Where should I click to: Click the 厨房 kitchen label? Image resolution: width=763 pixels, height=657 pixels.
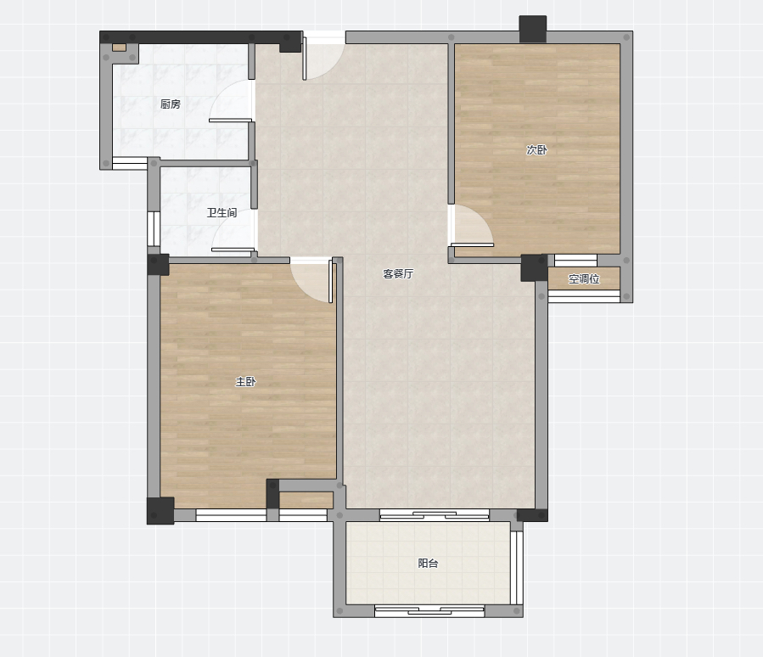[x=171, y=104]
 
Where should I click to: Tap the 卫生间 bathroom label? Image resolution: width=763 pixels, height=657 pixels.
[x=222, y=213]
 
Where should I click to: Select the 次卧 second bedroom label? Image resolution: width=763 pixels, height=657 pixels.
[x=536, y=150]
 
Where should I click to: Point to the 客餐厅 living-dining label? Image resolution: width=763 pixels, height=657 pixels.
[x=398, y=273]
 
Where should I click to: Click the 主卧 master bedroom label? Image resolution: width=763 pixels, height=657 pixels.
[x=246, y=382]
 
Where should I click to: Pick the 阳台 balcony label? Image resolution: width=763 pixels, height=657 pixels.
[x=429, y=563]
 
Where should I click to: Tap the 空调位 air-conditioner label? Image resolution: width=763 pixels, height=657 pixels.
[x=584, y=279]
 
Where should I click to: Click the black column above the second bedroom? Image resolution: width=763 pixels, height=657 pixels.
[x=533, y=29]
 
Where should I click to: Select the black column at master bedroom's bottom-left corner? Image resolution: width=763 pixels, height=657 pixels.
[x=160, y=510]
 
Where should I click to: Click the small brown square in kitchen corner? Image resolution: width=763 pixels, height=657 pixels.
[x=119, y=48]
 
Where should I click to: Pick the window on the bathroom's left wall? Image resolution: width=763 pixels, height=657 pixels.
[x=154, y=228]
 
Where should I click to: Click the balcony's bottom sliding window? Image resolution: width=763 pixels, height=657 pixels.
[x=429, y=611]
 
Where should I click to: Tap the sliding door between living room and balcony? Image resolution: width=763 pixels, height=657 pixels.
[x=435, y=515]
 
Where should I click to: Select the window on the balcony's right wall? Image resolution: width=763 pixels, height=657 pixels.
[x=517, y=568]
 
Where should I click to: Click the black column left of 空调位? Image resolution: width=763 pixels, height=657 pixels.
[x=535, y=267]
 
